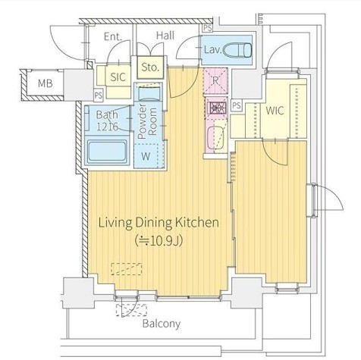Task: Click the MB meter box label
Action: pos(46,83)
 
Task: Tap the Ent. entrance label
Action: pos(113,36)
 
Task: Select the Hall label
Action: pos(165,36)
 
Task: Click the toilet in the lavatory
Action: pos(238,50)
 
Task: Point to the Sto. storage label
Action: pos(150,67)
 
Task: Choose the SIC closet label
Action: pos(118,77)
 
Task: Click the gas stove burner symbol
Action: pos(217,107)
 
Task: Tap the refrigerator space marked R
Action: pos(215,80)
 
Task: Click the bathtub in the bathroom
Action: pos(107,152)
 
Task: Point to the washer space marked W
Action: pos(146,157)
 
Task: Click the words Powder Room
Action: pos(147,121)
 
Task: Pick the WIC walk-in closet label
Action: pos(275,111)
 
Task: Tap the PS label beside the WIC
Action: pos(237,105)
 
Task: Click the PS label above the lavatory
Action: pos(208,28)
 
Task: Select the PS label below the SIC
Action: pos(99,95)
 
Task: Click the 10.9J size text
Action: pos(159,240)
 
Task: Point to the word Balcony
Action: pos(162,324)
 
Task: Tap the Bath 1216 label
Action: pos(107,121)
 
